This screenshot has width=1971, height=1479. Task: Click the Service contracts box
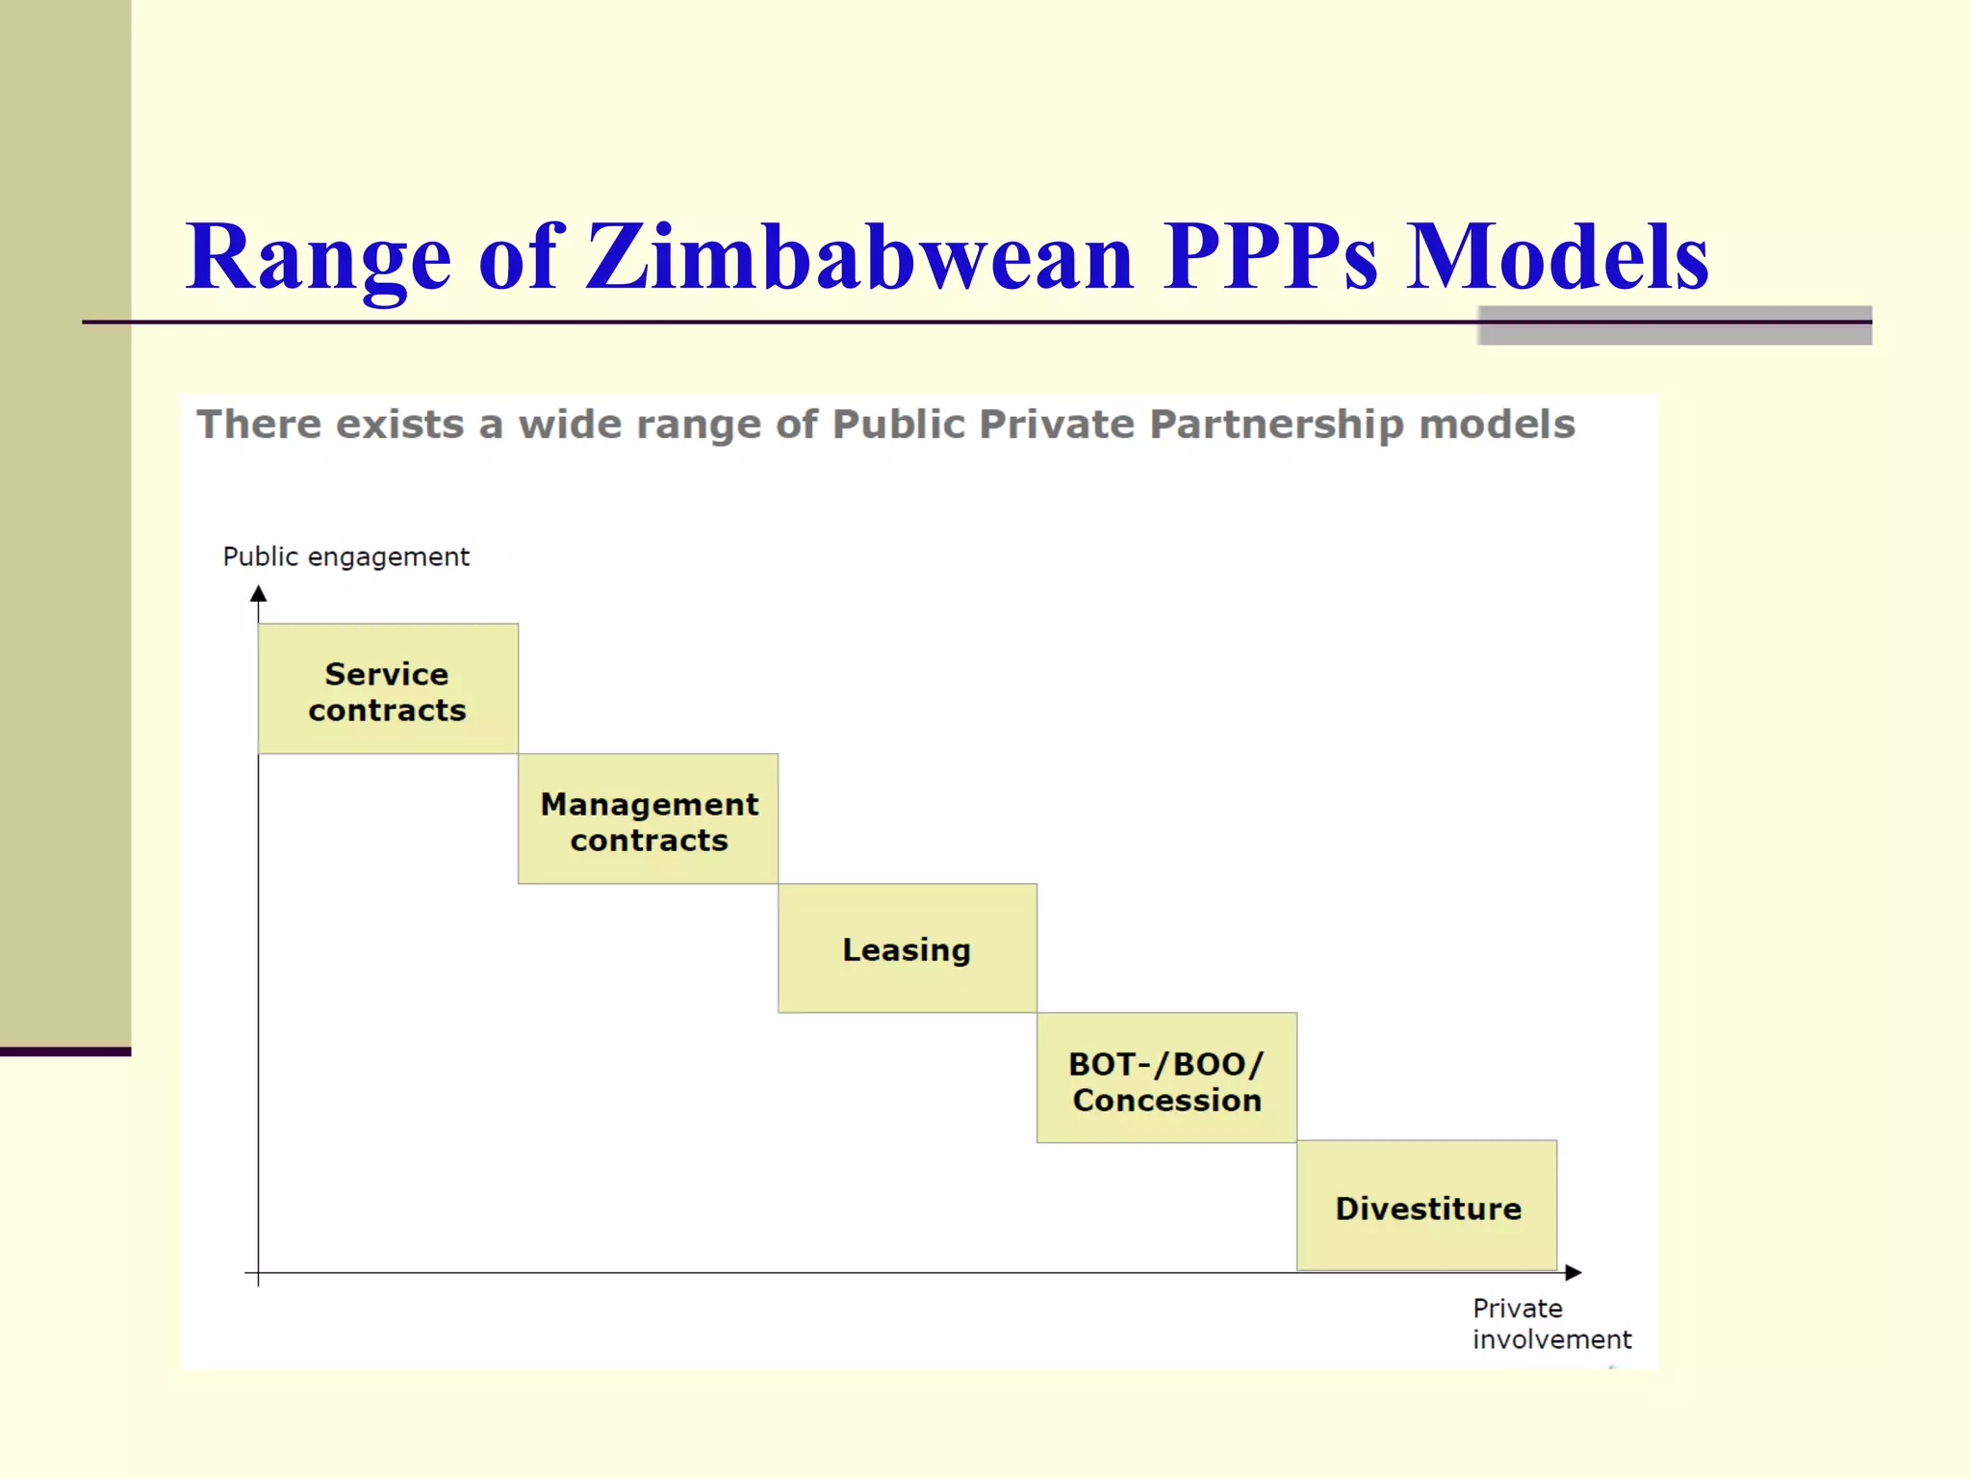pos(388,688)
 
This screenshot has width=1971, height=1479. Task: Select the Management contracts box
pos(648,819)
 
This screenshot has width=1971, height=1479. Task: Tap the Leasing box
pos(908,949)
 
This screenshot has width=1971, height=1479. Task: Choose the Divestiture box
pos(1427,1207)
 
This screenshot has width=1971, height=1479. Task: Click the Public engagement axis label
pos(346,558)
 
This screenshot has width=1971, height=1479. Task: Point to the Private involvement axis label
pos(1550,1324)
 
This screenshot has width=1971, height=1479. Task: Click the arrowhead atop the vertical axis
pos(258,593)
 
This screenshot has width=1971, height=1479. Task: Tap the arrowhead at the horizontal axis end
pos(1574,1273)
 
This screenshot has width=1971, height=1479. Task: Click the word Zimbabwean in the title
pos(859,257)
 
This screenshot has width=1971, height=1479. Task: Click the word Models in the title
pos(1556,257)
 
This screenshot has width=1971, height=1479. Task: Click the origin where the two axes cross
pos(258,1273)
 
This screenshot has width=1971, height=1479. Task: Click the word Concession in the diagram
pos(1167,1101)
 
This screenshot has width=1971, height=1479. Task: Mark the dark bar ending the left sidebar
pos(65,1051)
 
